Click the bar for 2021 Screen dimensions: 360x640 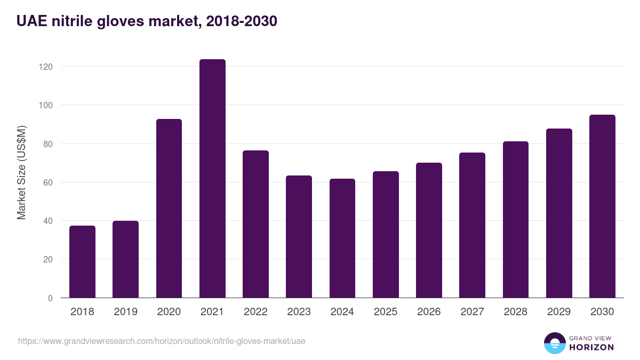coord(212,179)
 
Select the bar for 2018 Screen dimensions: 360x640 coord(82,262)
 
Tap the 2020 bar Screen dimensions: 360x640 coord(169,209)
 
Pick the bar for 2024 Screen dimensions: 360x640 coord(342,238)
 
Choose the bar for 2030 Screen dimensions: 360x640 coord(602,206)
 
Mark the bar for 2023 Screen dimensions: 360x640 coord(299,237)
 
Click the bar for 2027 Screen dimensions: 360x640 coord(472,225)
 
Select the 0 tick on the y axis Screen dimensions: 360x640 coord(50,298)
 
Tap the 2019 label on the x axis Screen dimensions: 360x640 coord(125,312)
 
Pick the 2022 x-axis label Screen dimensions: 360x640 coord(255,312)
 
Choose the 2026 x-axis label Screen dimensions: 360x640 coord(429,312)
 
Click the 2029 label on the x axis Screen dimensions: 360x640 coord(559,312)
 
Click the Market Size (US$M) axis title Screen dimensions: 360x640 coord(21,172)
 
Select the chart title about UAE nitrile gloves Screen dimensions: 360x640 coord(147,21)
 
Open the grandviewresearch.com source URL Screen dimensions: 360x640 coord(162,341)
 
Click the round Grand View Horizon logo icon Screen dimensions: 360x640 coord(554,343)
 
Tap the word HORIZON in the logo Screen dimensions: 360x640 coord(591,347)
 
